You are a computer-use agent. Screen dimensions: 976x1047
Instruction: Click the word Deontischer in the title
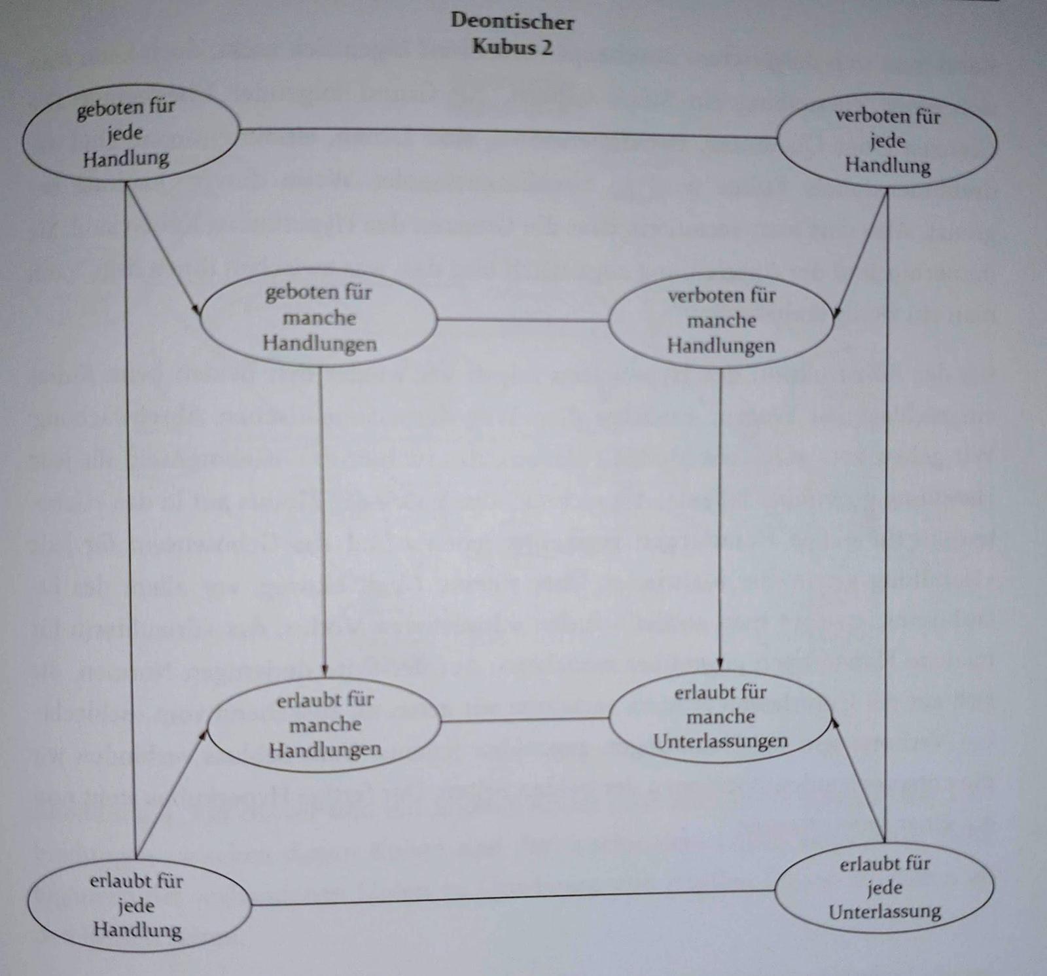[x=512, y=21]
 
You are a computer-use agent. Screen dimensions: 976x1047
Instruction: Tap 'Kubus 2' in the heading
[x=512, y=47]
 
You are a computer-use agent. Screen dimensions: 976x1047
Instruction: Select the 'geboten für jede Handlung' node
[x=130, y=134]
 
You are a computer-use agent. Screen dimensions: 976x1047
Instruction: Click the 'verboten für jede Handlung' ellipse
[x=887, y=141]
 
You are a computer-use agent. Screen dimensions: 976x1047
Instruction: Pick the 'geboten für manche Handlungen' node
[x=319, y=318]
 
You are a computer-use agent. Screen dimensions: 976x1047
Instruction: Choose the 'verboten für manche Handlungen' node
[x=720, y=321]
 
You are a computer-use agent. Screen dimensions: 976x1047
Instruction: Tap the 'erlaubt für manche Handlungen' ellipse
[x=325, y=724]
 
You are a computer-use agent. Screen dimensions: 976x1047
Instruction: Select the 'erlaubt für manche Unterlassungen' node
[x=720, y=717]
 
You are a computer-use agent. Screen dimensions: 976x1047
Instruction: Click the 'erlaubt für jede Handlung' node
[x=137, y=905]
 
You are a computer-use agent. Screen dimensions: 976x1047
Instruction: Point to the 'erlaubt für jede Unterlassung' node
[x=884, y=888]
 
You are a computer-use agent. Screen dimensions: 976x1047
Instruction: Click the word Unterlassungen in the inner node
[x=720, y=741]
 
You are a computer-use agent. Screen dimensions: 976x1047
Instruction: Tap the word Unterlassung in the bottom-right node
[x=884, y=912]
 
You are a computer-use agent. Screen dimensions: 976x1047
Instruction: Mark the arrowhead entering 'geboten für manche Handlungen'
[x=196, y=310]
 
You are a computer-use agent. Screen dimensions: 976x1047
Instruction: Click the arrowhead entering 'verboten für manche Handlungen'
[x=836, y=313]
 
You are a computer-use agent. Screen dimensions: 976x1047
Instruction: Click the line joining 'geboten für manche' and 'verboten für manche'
[x=522, y=320]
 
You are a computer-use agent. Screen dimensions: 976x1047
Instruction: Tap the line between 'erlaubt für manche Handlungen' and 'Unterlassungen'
[x=525, y=720]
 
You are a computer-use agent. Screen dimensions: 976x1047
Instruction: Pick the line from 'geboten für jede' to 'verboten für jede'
[x=507, y=133]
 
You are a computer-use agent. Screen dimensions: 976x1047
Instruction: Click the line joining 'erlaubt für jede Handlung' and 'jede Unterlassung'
[x=512, y=897]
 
